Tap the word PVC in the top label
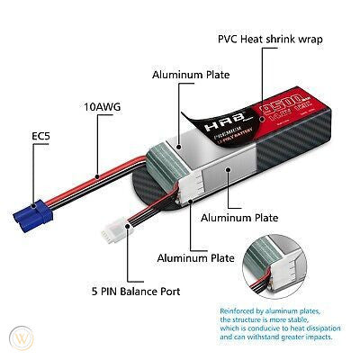point(230,40)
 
